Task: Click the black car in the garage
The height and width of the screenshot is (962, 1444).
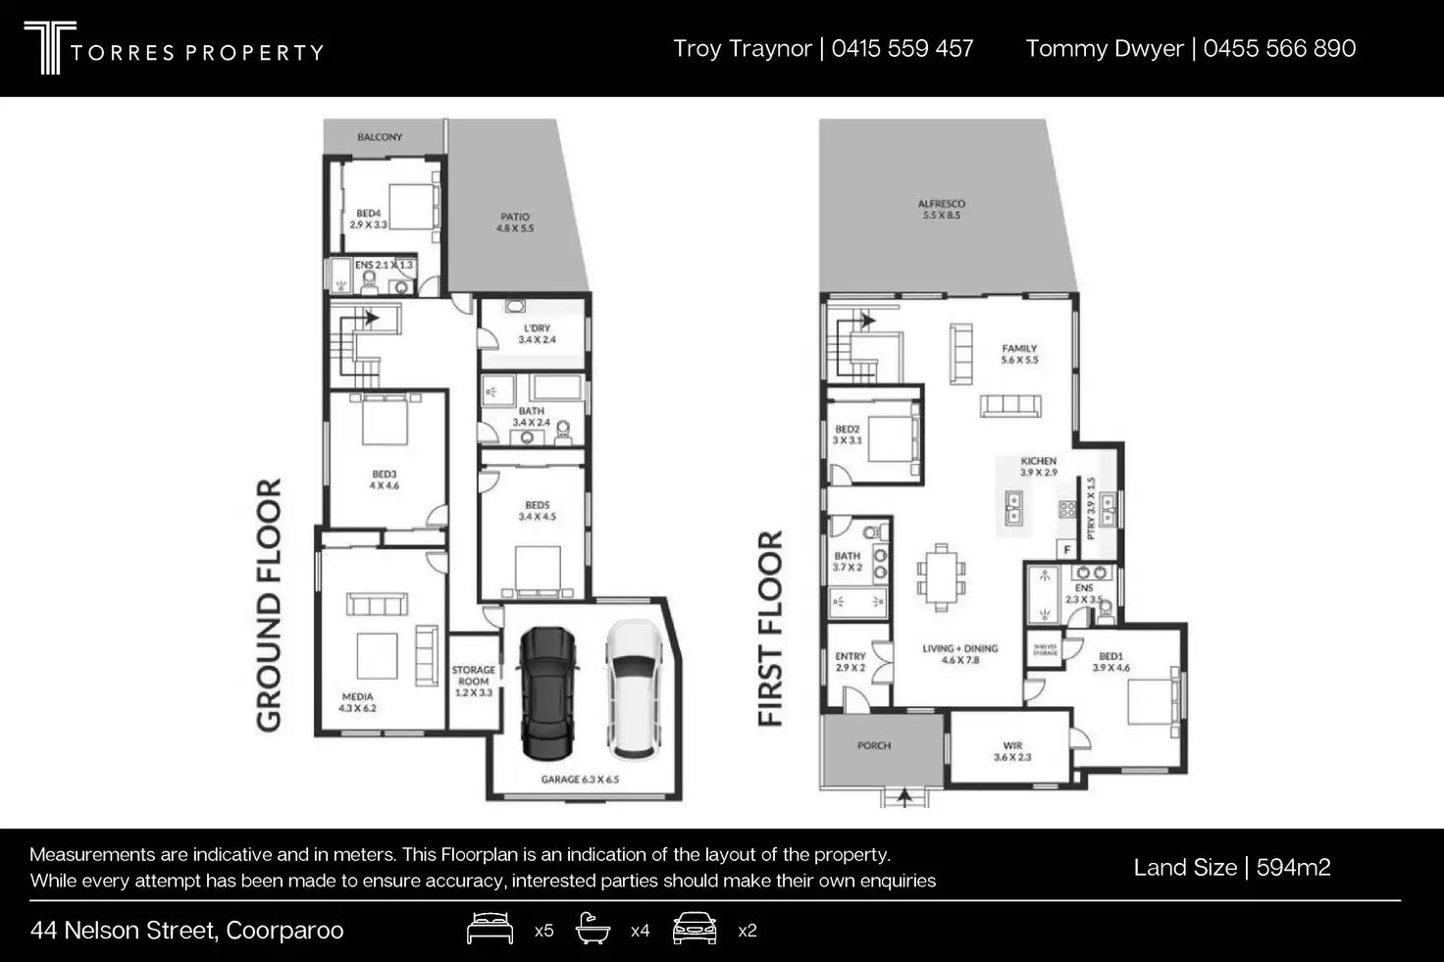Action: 547,693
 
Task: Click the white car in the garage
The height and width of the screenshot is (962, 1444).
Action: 634,690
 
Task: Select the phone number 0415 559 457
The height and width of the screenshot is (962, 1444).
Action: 902,48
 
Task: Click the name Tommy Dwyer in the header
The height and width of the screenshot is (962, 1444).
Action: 1104,48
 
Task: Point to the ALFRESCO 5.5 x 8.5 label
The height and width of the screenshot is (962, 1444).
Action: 941,209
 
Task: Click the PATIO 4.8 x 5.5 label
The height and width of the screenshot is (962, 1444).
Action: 515,223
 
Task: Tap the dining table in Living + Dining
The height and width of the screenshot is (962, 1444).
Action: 941,577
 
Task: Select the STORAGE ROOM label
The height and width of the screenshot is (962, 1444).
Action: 473,681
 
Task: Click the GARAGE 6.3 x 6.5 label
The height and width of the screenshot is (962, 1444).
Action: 580,780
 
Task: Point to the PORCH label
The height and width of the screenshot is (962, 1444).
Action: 873,745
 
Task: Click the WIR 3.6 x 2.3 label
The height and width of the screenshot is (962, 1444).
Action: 1012,751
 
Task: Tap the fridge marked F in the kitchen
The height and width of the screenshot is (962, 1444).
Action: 1067,550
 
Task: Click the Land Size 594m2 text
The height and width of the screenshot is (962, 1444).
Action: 1231,867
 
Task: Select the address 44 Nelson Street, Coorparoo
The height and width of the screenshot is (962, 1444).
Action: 186,930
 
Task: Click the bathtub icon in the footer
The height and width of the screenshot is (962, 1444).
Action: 593,928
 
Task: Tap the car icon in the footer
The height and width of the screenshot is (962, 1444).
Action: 695,928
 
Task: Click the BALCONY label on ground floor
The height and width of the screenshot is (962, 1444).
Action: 380,137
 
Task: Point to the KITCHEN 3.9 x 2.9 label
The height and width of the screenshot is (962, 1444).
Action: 1038,466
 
